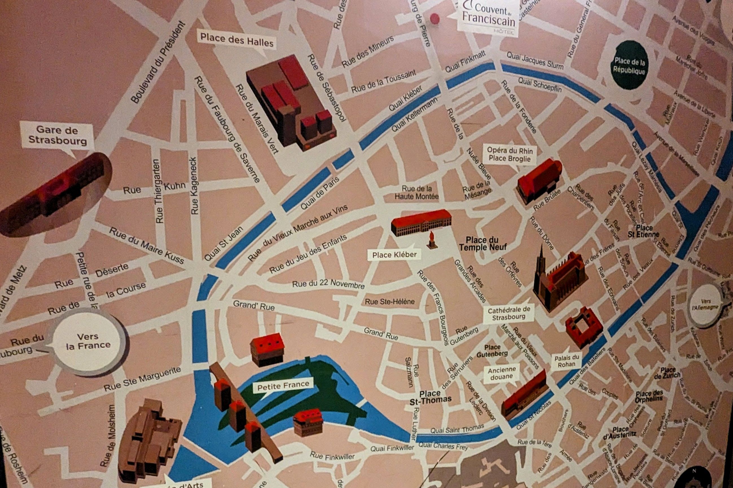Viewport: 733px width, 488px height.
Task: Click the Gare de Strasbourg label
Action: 58,135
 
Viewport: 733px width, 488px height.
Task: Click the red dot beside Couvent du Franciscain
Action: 434,18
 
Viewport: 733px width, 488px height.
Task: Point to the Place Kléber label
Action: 394,255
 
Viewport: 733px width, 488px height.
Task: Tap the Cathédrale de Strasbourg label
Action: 509,313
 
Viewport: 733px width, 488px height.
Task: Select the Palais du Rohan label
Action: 567,361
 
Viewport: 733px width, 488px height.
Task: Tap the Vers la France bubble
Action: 88,341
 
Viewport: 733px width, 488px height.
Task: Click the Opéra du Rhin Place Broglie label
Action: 510,155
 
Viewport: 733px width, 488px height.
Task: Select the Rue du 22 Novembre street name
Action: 328,284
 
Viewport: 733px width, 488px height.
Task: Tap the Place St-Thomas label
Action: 430,397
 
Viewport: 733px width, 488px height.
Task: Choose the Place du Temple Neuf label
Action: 482,244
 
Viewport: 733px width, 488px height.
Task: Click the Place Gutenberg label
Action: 492,350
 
